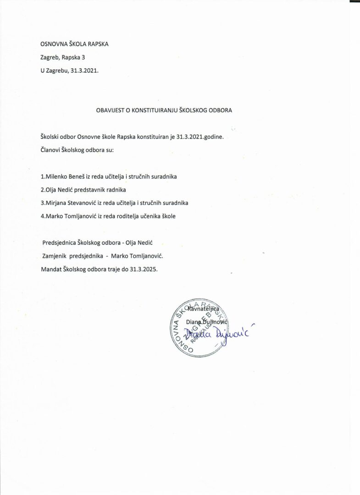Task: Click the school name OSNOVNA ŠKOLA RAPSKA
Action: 75,44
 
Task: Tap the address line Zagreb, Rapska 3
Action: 63,58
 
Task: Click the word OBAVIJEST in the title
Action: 110,110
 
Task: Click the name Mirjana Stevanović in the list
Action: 70,203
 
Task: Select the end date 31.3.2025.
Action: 143,269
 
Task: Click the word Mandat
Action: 51,269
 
